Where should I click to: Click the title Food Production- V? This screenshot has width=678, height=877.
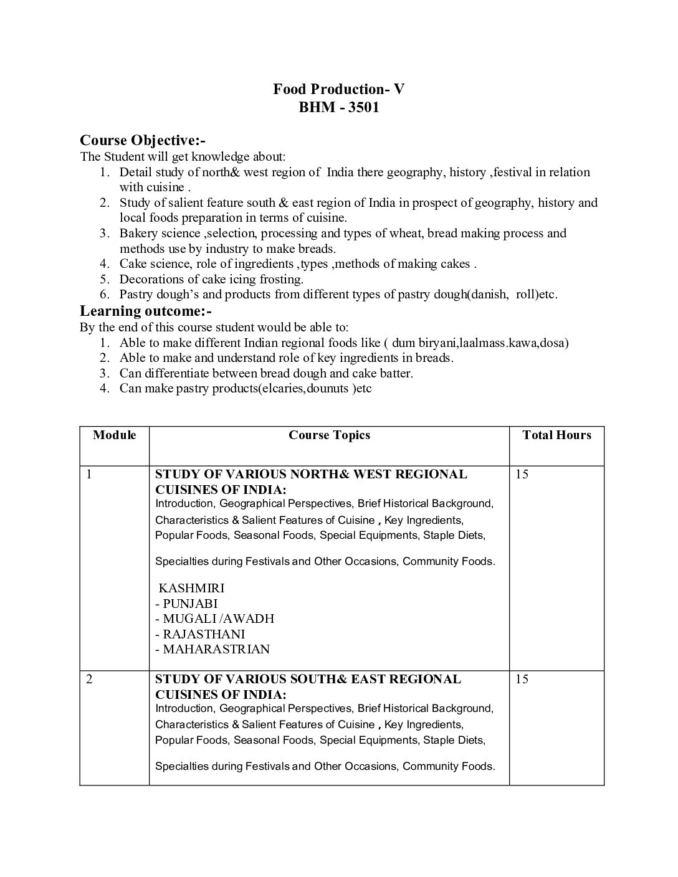coord(338,89)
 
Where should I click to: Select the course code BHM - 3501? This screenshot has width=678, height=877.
coord(338,107)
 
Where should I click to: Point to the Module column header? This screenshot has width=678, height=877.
coord(114,435)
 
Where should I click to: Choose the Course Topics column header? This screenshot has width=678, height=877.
coord(329,435)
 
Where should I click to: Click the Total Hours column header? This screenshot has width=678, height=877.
coord(556,435)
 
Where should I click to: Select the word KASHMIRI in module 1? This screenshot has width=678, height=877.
coord(192,588)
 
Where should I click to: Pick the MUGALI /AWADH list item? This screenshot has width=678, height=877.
coord(215,619)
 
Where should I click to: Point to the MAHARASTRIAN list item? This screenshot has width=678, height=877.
coord(212,649)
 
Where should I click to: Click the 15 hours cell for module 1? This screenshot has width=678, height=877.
coord(522,475)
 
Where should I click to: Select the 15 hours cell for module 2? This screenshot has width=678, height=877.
coord(522,680)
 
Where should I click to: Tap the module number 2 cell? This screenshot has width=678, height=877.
coord(89,680)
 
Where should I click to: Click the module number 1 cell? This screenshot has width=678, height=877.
coord(89,475)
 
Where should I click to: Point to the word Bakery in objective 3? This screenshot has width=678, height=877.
coord(139,234)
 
